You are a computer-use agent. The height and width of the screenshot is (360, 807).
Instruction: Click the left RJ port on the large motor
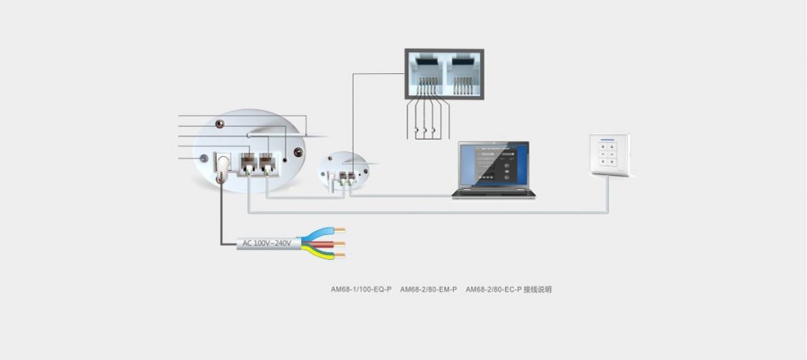pyautogui.click(x=249, y=162)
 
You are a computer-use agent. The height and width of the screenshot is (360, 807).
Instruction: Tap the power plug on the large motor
pyautogui.click(x=221, y=163)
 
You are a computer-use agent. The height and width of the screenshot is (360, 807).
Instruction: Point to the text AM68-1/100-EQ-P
pyautogui.click(x=361, y=290)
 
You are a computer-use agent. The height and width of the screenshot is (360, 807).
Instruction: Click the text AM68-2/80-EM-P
pyautogui.click(x=429, y=290)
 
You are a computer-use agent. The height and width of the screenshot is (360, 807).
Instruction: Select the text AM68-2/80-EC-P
pyautogui.click(x=494, y=290)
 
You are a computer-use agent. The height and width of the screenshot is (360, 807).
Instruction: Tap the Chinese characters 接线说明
pyautogui.click(x=538, y=290)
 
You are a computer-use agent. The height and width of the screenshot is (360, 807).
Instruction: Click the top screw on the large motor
pyautogui.click(x=220, y=123)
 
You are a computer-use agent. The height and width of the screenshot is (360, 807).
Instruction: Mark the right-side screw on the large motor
pyautogui.click(x=298, y=153)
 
